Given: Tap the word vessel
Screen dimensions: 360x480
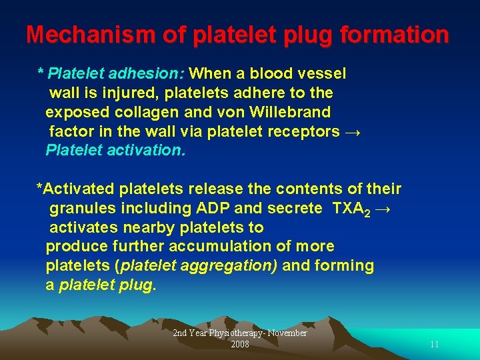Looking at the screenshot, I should click(x=324, y=73).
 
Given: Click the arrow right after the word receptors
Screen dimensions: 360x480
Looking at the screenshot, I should click(x=354, y=131).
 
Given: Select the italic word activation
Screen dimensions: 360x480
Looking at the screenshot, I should click(x=147, y=151).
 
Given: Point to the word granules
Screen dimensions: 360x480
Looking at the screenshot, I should click(x=79, y=209).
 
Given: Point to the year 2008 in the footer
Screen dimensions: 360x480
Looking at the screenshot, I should click(x=240, y=345).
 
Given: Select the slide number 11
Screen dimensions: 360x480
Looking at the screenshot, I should click(x=434, y=345).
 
